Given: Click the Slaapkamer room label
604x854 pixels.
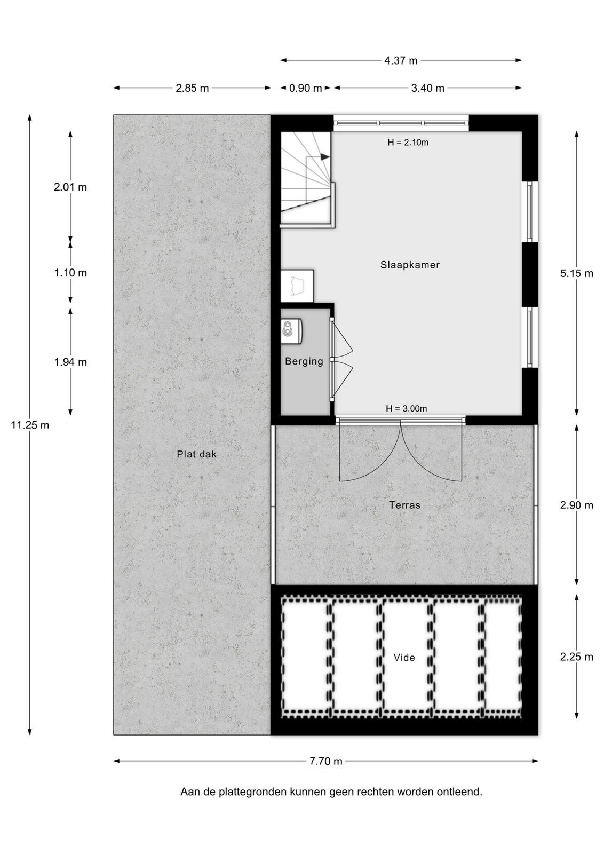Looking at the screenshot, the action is (410, 265).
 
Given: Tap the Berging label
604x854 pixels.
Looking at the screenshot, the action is (304, 361).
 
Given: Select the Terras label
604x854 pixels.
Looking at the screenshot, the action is (404, 505).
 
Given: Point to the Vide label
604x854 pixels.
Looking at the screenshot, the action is (404, 657).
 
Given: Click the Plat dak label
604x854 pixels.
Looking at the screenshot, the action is (197, 454).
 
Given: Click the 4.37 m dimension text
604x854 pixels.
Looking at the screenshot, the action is (401, 60).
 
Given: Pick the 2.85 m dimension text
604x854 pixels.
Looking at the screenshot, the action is (193, 88).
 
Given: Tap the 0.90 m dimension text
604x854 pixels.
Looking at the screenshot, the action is (306, 88).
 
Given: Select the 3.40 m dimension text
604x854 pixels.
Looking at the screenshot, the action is (427, 88).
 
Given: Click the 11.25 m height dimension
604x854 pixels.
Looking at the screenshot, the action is (30, 425).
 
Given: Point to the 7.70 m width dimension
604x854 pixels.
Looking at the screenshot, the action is (326, 761).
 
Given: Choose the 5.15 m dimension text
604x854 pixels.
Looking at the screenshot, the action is (577, 273).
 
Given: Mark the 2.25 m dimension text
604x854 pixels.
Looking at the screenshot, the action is (577, 657).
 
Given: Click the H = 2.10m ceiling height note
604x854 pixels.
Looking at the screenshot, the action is (408, 143).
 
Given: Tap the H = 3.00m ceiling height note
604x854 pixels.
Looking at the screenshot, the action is (407, 409).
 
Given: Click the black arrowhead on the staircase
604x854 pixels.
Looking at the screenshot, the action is (325, 156).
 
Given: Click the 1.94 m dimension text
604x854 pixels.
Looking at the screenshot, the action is (70, 362).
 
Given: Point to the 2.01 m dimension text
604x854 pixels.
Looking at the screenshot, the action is (70, 187).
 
